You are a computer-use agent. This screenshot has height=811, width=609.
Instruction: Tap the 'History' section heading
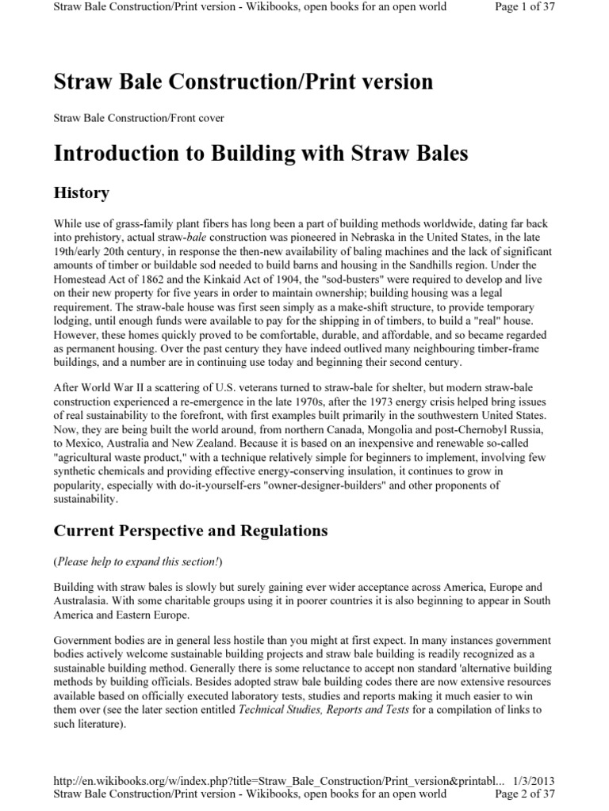click(x=81, y=192)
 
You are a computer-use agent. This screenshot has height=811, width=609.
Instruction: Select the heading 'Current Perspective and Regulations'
click(x=190, y=529)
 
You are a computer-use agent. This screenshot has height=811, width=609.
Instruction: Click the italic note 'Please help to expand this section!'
click(x=138, y=561)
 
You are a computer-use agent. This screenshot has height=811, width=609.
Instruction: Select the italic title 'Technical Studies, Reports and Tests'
click(x=324, y=710)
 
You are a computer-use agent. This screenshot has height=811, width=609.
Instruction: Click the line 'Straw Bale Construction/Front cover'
click(x=139, y=118)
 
